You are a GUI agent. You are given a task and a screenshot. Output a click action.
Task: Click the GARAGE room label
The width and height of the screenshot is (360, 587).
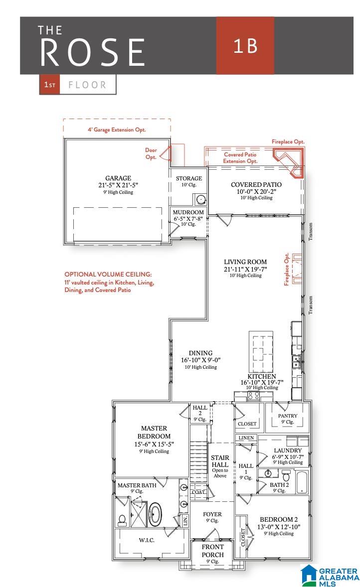click(118, 178)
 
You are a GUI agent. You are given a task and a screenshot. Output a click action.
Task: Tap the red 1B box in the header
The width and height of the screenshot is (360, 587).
click(245, 45)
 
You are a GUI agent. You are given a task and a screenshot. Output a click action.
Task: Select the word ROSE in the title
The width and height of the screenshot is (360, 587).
click(92, 52)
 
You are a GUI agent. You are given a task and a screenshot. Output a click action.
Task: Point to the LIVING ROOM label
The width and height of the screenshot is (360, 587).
click(245, 262)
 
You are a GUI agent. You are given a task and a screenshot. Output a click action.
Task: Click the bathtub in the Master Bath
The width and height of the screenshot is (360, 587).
click(156, 514)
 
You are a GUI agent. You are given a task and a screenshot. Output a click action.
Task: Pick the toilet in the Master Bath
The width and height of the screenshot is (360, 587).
click(122, 520)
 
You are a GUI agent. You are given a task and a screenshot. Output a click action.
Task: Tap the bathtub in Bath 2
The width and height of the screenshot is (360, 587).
click(302, 482)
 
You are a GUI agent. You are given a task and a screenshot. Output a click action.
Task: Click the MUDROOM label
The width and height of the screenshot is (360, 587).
click(188, 212)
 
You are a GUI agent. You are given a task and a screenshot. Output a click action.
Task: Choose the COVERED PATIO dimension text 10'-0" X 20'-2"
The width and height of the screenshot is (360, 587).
click(256, 191)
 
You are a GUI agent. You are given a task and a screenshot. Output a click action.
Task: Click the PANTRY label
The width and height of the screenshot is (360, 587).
click(288, 416)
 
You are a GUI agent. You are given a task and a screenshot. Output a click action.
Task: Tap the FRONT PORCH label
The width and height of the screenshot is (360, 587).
click(213, 551)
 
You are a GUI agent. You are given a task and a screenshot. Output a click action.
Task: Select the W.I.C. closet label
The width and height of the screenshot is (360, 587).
click(147, 540)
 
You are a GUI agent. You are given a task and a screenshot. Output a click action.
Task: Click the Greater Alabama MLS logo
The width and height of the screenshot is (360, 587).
click(329, 576)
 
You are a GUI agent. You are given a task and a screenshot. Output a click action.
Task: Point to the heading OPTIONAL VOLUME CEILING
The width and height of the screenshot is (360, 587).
click(108, 274)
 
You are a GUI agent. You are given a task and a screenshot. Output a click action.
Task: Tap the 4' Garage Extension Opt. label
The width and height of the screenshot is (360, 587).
click(117, 130)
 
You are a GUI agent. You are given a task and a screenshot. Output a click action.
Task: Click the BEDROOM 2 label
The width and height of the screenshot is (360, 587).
click(279, 520)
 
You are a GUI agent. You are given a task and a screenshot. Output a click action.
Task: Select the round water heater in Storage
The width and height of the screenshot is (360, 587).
click(201, 199)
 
